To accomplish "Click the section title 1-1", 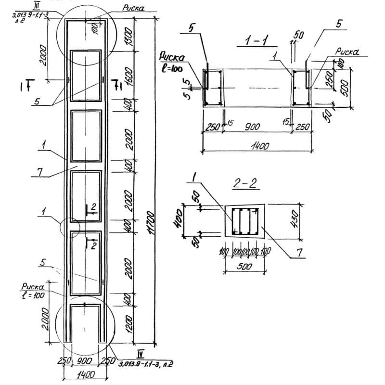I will point(257,42).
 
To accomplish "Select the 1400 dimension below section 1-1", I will point(257,144).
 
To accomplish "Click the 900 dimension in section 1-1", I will point(251,127).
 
